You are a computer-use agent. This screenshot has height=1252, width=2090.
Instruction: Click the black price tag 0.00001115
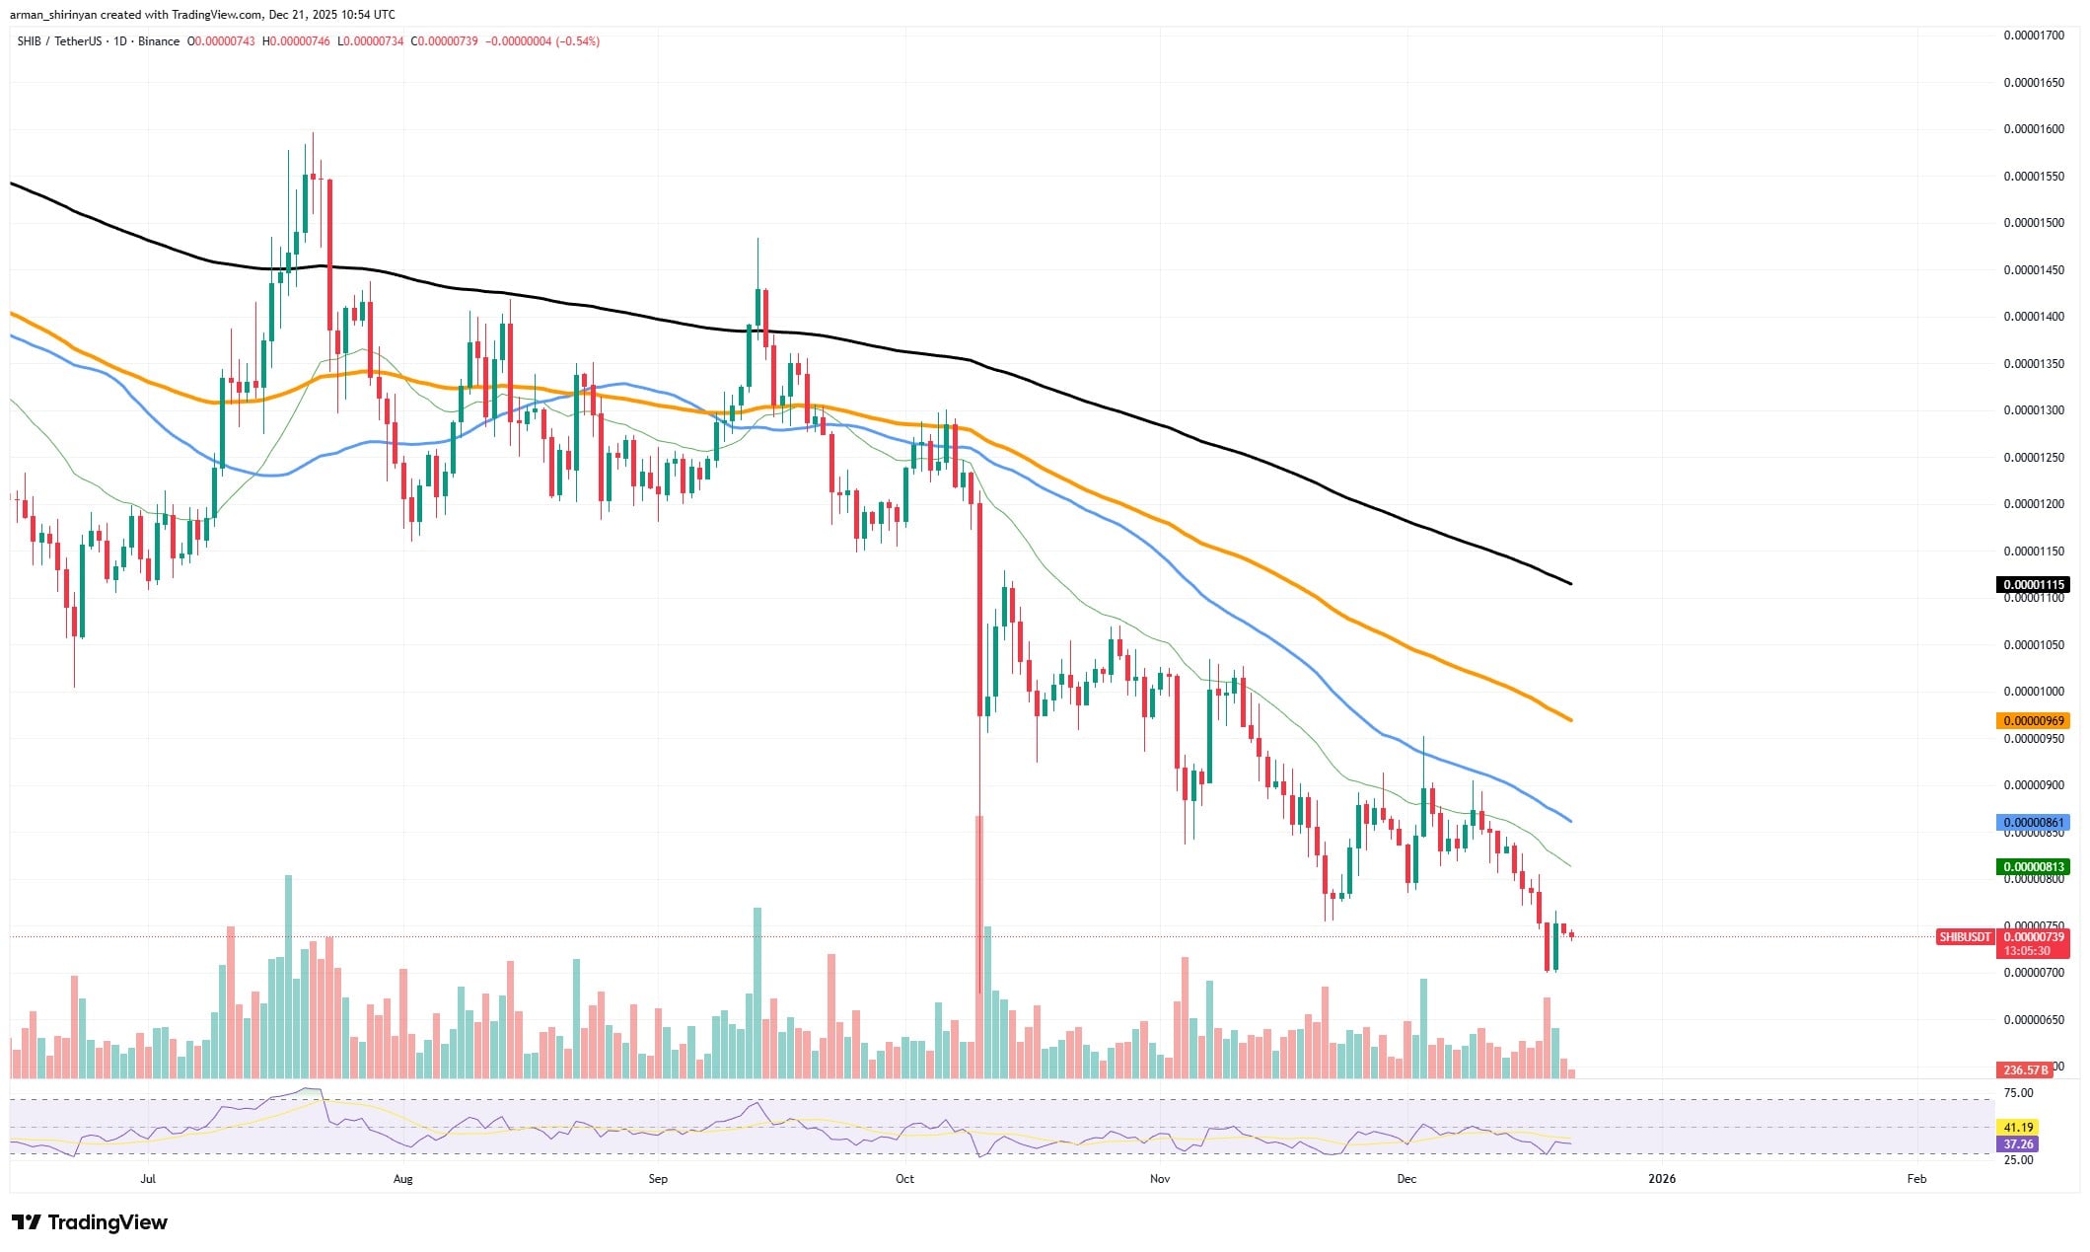click(2032, 585)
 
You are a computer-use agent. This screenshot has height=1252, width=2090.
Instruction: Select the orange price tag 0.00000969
click(2032, 721)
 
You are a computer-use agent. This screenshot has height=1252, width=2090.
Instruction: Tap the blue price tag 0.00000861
click(2032, 822)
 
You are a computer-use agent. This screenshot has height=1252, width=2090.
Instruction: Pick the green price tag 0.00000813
click(2032, 867)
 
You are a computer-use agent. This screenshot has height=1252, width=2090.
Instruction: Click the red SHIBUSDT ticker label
click(1965, 936)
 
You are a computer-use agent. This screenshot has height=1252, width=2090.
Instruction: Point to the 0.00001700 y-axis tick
click(2034, 36)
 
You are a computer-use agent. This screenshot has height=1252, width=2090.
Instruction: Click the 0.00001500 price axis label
click(2034, 223)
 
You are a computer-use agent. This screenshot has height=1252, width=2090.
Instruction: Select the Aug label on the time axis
click(402, 1178)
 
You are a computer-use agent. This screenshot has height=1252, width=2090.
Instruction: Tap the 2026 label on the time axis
click(1661, 1178)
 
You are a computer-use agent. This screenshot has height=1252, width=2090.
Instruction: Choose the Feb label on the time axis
click(1915, 1178)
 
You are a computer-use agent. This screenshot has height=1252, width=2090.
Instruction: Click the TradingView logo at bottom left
click(90, 1222)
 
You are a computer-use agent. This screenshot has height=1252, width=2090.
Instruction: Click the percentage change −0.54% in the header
click(580, 41)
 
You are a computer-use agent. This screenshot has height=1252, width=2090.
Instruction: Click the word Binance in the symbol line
click(159, 41)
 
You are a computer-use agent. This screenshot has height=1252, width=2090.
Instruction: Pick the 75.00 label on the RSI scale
click(2019, 1092)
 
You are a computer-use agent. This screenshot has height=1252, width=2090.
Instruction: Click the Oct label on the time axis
click(904, 1178)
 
